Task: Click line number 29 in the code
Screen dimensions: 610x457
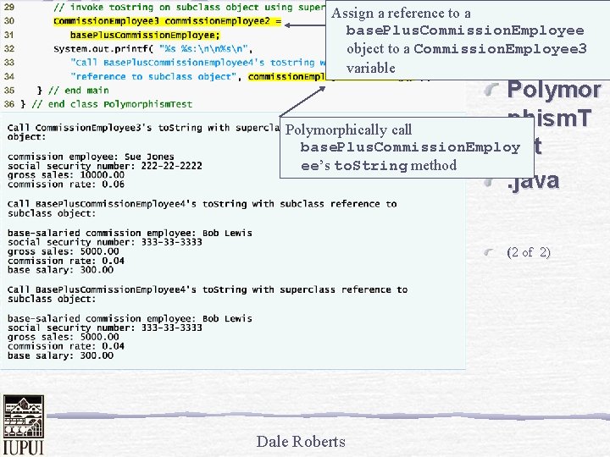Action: coord(11,7)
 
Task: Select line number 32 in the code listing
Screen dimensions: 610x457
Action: coord(11,48)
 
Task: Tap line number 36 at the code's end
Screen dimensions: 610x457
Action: coord(11,103)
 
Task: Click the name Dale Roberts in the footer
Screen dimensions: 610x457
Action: coord(301,441)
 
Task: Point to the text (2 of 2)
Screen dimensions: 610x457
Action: coord(528,252)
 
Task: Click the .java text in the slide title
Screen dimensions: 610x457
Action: coord(533,180)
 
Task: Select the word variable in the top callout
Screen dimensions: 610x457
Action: coord(371,68)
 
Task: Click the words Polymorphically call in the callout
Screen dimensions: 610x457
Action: coord(348,129)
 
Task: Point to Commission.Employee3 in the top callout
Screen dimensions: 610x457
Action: coord(500,49)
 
